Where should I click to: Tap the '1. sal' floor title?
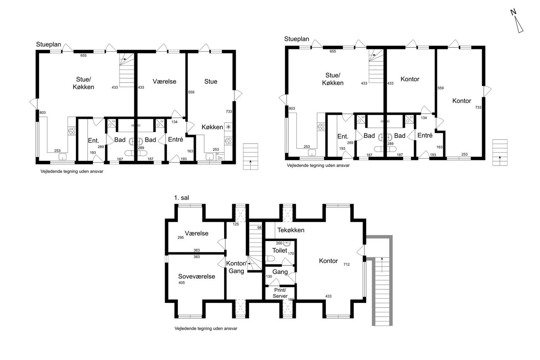pos(182,198)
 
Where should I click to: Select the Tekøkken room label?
pos(291,230)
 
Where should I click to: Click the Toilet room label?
pos(280,250)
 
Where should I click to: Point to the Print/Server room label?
pos(280,293)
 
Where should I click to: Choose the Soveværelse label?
pos(196,276)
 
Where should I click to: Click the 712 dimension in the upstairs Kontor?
pos(346,264)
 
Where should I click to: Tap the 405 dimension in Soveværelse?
pos(182,282)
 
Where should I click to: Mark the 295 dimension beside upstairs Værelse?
pos(181,238)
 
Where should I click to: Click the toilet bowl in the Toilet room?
pos(270,259)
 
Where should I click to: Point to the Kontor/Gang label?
pos(236,267)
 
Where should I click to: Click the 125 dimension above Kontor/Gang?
pos(236,224)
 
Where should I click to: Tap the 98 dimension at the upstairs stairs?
pos(259,228)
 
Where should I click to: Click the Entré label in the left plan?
pos(175,139)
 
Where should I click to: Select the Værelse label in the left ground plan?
pos(164,81)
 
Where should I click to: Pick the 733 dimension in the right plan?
pos(478,107)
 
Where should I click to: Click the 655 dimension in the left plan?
pos(83,56)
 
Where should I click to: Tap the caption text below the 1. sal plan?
pos(206,328)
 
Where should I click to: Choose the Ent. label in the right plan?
pos(343,137)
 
